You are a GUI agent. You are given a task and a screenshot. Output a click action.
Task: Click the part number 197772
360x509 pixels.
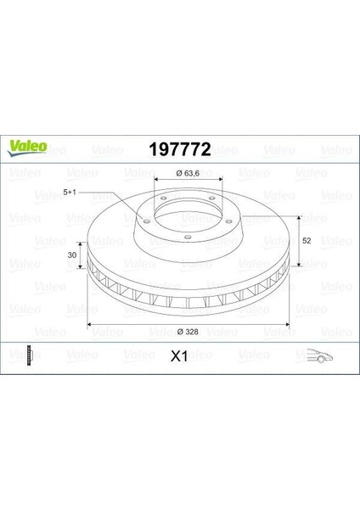180,149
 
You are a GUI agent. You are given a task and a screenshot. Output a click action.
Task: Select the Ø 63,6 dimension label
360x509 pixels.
188,173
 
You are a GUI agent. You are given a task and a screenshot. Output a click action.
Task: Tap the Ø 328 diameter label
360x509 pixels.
188,332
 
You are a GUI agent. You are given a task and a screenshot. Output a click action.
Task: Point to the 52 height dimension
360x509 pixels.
306,241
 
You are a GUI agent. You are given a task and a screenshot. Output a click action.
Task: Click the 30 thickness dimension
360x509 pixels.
72,255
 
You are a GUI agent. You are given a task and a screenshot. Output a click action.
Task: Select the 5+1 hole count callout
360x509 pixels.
70,193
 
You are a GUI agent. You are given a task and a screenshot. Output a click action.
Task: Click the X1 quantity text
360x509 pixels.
179,356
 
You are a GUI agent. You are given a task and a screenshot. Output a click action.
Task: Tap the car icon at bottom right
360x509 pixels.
320,355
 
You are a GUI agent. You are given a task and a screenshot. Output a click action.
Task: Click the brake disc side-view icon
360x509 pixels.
31,355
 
